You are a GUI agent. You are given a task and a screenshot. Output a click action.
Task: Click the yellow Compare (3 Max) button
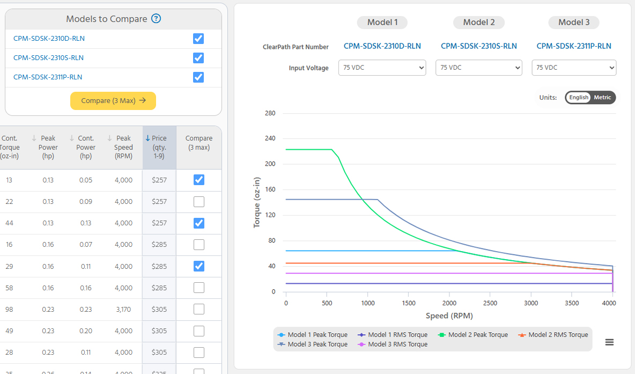[113, 100]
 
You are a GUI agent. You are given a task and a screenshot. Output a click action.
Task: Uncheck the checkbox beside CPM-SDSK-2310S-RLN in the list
[198, 58]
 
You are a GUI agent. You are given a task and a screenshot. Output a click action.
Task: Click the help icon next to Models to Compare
[156, 19]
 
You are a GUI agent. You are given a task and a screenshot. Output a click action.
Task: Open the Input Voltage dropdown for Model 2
[478, 68]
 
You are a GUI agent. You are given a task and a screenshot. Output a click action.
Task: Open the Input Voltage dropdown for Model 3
[574, 68]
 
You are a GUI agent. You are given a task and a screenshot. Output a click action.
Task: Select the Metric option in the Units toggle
[602, 98]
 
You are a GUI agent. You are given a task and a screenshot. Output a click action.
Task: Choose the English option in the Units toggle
[579, 98]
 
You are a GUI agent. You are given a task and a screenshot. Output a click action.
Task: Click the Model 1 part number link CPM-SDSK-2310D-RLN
[382, 46]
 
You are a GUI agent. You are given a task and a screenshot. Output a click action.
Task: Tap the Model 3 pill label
[573, 23]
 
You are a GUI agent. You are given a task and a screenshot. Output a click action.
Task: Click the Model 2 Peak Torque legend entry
[472, 335]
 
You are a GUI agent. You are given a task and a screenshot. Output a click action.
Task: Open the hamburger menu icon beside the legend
[609, 342]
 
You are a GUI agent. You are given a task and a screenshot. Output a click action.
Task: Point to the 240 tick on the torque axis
[270, 138]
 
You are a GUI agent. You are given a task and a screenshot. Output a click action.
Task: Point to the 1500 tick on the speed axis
[408, 303]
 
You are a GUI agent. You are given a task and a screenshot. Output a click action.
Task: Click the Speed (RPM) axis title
[449, 316]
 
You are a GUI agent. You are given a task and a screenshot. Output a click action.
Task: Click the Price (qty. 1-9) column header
[159, 147]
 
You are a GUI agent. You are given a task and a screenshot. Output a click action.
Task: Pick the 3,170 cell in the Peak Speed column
[123, 310]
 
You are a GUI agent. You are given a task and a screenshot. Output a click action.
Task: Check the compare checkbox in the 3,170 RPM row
[198, 310]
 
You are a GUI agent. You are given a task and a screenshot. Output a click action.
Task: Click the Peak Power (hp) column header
[48, 147]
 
